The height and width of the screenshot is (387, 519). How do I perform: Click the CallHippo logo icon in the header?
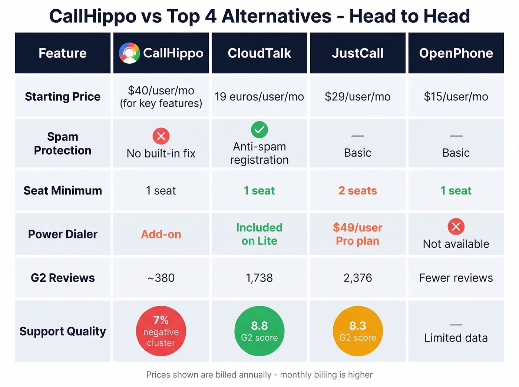click(129, 53)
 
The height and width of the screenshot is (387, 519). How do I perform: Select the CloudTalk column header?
click(259, 53)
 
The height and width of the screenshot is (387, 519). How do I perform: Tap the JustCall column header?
click(357, 53)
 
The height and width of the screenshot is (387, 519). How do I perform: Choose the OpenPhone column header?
click(456, 53)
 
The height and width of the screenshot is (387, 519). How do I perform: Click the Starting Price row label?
click(63, 96)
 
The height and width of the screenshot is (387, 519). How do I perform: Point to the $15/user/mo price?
click(456, 97)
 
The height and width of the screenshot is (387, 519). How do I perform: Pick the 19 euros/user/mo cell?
click(259, 97)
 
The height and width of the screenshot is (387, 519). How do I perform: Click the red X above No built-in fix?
click(161, 136)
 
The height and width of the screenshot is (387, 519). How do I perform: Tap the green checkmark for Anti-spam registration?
click(259, 130)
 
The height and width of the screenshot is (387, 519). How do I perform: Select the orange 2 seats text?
click(357, 191)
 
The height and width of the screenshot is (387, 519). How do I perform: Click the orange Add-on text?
click(161, 234)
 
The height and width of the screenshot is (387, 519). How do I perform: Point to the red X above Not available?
click(456, 227)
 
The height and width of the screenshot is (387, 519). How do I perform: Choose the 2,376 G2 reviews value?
click(357, 278)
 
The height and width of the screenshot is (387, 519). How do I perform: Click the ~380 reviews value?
click(161, 278)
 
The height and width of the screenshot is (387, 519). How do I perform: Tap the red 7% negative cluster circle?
click(161, 331)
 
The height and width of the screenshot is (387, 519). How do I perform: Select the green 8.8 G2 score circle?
click(259, 331)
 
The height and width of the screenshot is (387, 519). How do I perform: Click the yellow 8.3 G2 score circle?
click(357, 331)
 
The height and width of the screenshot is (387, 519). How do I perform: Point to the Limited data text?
click(456, 338)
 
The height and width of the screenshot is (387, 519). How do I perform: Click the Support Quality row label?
click(63, 331)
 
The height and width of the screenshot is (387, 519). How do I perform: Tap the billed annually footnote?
click(259, 375)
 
